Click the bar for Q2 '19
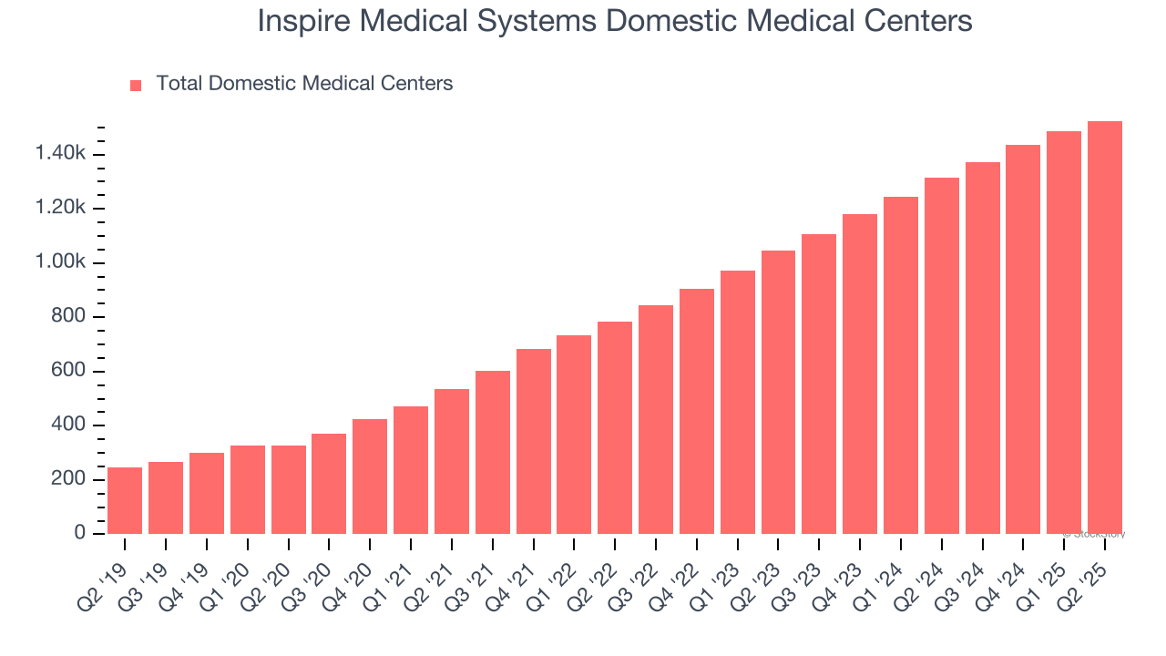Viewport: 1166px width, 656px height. coord(125,500)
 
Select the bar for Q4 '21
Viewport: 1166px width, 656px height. coord(534,441)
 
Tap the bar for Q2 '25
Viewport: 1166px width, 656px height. coord(1105,327)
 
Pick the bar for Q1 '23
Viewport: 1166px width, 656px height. coord(738,402)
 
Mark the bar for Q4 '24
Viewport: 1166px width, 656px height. coord(1023,339)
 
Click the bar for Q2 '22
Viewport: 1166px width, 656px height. coord(615,427)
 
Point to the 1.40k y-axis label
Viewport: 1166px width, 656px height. coord(60,154)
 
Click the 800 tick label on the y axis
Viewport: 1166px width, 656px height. coord(69,317)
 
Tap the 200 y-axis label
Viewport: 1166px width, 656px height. coord(69,479)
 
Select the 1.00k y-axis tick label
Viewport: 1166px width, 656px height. coord(60,262)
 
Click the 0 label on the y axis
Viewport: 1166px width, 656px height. coord(80,533)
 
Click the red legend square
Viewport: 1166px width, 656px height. coord(136,85)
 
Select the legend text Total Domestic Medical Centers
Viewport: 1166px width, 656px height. coord(304,84)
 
